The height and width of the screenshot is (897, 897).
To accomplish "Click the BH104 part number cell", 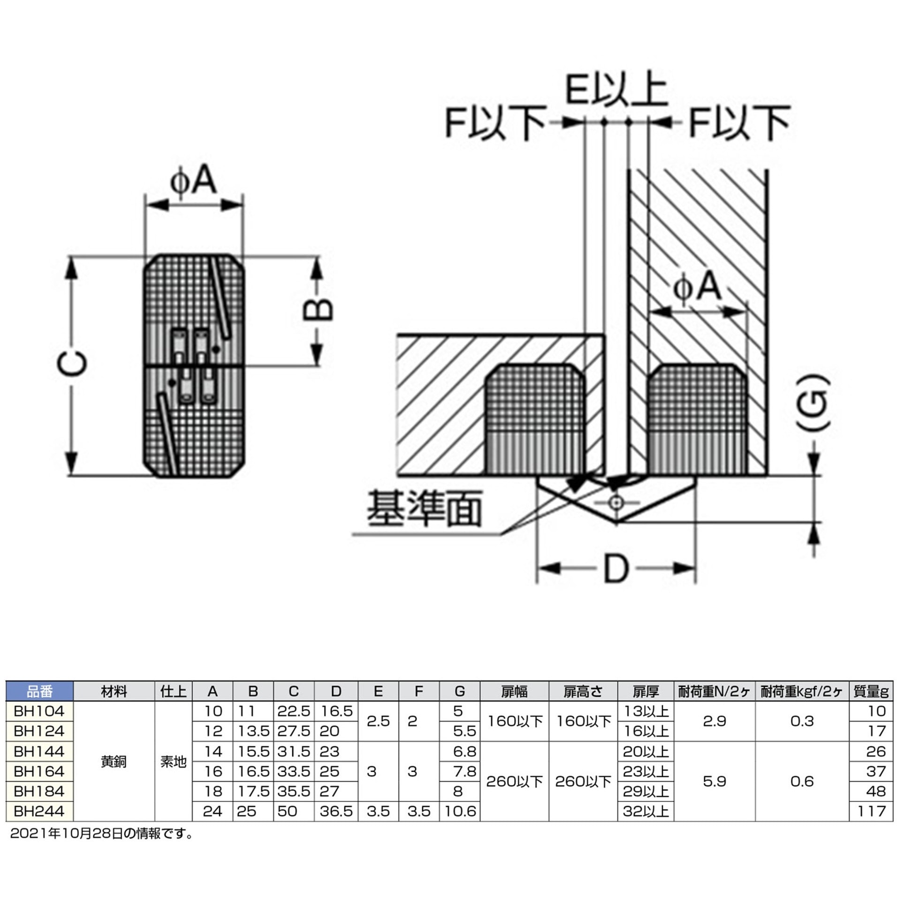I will tap(39, 711).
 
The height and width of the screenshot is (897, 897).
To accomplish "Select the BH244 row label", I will tap(39, 811).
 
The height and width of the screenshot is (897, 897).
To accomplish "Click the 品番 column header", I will tap(39, 691).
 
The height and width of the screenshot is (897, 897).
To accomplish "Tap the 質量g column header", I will tap(870, 691).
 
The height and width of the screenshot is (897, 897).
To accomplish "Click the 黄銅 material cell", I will tap(114, 761).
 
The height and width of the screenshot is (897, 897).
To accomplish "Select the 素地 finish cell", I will tap(173, 761).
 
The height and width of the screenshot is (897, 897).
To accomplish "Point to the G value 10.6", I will tap(460, 811).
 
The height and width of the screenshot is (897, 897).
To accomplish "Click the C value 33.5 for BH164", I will tap(294, 771).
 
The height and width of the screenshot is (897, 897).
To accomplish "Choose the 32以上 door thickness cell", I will tap(646, 811).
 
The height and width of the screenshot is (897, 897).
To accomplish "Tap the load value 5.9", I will tap(714, 781).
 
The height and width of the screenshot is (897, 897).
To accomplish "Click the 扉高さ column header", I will tap(583, 691).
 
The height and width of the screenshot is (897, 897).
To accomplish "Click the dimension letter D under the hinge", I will tap(615, 569).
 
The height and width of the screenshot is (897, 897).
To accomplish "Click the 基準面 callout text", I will tap(424, 509).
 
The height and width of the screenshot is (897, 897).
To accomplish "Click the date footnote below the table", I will tap(101, 833).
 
